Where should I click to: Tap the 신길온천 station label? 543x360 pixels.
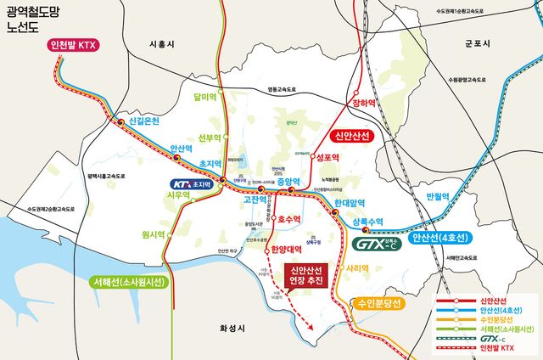(x=152, y=121)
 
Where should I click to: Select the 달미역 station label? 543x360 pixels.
(x=206, y=98)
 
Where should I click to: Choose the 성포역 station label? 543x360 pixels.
(x=327, y=158)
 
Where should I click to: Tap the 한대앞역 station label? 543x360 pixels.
(x=349, y=204)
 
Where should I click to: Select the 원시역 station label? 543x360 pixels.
(x=153, y=234)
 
